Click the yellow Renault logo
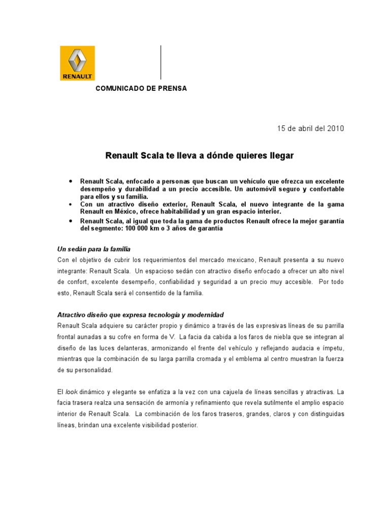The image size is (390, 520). coord(77,63)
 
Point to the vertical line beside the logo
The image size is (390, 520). coord(161,62)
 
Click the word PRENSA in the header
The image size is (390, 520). coord(172,88)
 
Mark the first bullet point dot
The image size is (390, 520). coord(70,181)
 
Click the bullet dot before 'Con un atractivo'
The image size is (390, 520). coord(70,204)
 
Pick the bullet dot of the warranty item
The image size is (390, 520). coord(70,221)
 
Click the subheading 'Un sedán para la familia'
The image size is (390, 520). coord(93,249)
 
